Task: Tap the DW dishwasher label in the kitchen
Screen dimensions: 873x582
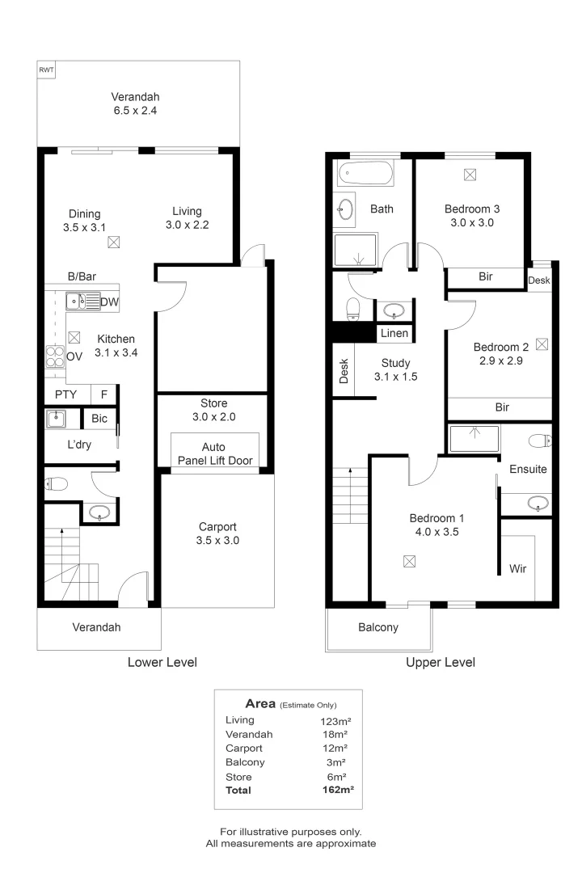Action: point(111,303)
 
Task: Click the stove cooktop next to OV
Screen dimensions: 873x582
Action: point(55,356)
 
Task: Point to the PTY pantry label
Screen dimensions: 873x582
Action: point(65,395)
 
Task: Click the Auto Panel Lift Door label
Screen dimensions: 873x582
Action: point(214,454)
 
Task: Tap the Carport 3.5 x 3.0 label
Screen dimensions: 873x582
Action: point(217,533)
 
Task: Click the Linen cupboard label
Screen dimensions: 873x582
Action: point(394,333)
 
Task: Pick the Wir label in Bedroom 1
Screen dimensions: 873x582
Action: point(517,568)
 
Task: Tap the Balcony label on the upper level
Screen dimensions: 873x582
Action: point(378,627)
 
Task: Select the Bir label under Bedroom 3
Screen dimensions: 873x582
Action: point(485,276)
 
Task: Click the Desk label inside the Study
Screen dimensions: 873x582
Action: point(344,371)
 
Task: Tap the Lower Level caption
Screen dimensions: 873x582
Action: point(162,662)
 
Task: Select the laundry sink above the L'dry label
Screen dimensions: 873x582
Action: point(57,419)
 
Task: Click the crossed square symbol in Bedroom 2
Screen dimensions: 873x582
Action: point(542,344)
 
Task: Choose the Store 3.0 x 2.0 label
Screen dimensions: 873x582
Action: point(213,410)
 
